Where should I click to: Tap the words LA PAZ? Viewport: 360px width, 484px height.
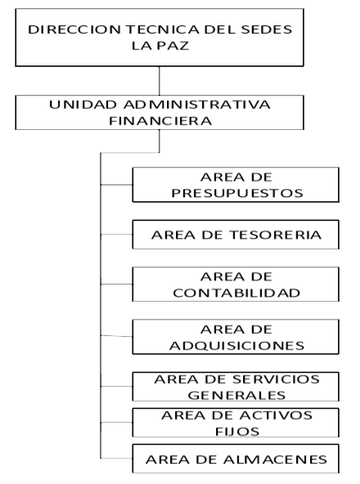pos(160,46)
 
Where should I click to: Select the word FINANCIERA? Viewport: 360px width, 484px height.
pos(160,121)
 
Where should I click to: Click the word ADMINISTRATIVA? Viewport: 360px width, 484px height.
pos(197,105)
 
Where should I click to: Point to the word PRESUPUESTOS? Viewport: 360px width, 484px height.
pos(237,193)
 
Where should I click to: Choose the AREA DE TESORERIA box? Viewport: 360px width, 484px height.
pos(236,235)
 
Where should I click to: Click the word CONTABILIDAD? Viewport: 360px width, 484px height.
pos(236,293)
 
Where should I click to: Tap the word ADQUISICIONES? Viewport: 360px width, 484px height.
pos(237,345)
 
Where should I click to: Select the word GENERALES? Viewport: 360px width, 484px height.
pos(236,395)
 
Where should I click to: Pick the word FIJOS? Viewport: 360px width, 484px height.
pos(237,431)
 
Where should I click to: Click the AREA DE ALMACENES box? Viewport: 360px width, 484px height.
pos(236,459)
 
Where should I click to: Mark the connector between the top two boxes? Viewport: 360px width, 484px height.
pos(160,81)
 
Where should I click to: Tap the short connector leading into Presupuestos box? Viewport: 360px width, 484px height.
pos(117,185)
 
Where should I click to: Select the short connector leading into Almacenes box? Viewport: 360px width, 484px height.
pos(117,459)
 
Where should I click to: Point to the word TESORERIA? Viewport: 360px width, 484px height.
pos(276,235)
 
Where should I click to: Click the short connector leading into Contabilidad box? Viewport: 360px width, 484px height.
pos(117,284)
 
